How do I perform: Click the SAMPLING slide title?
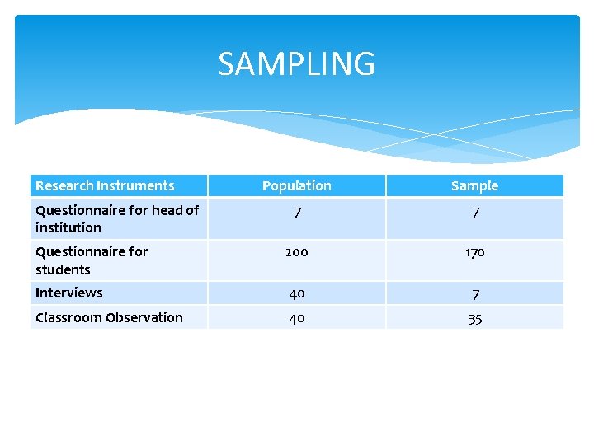pyautogui.click(x=296, y=63)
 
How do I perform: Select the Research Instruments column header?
pyautogui.click(x=105, y=185)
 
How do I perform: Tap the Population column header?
pyautogui.click(x=297, y=185)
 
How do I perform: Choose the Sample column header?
pyautogui.click(x=474, y=185)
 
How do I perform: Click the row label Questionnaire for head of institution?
pyautogui.click(x=116, y=218)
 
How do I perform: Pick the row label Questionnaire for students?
pyautogui.click(x=92, y=260)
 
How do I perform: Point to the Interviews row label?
pyautogui.click(x=69, y=293)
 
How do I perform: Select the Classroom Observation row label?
pyautogui.click(x=109, y=317)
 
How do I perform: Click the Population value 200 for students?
pyautogui.click(x=297, y=252)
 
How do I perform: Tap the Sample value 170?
pyautogui.click(x=474, y=252)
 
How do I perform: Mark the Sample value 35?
pyautogui.click(x=474, y=319)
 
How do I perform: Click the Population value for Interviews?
pyautogui.click(x=297, y=293)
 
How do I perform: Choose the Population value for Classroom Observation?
pyautogui.click(x=297, y=318)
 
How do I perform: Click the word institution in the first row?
pyautogui.click(x=68, y=227)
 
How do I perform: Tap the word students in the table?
pyautogui.click(x=63, y=269)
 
